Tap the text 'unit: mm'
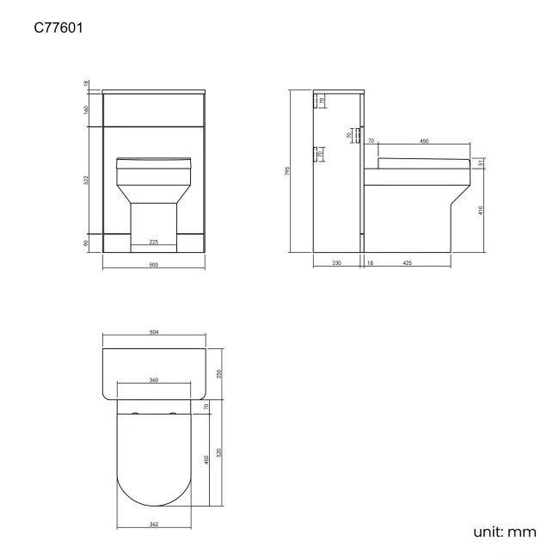[x=505, y=531]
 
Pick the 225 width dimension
[x=153, y=243]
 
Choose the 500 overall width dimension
[x=153, y=265]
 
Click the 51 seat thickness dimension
[x=482, y=164]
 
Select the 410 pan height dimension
[x=482, y=210]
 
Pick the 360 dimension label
[x=153, y=379]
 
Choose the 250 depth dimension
[x=219, y=374]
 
